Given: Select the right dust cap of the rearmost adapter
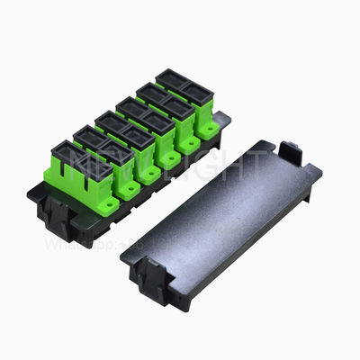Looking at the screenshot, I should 195,91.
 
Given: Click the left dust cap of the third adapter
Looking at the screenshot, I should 110,121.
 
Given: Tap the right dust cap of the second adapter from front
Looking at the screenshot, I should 115,149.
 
